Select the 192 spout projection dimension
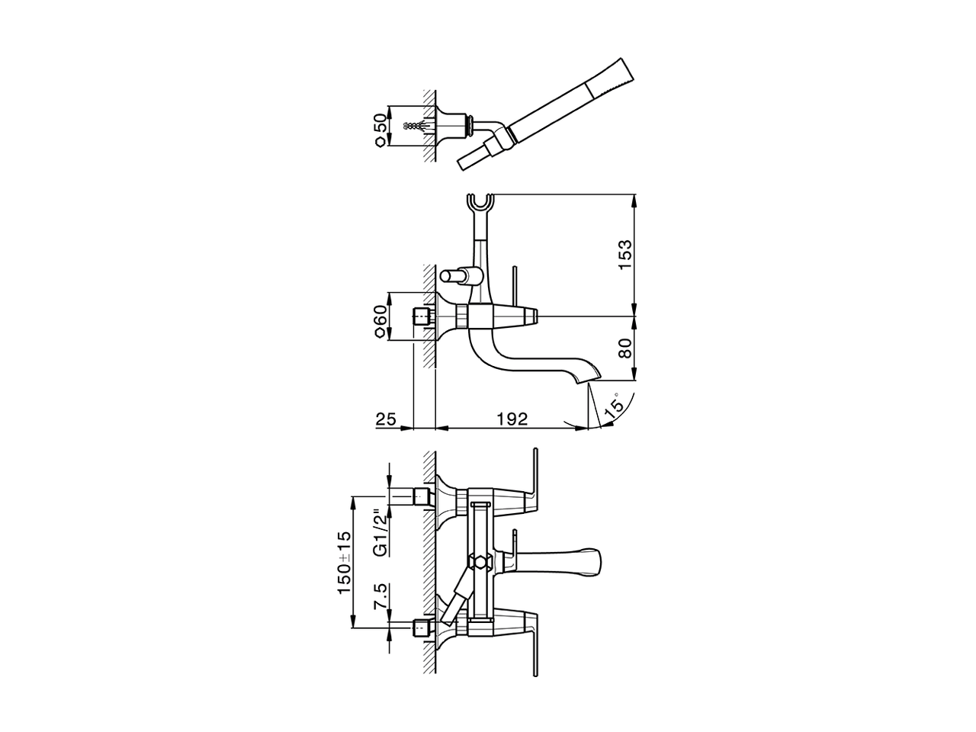point(512,419)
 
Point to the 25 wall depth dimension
point(387,419)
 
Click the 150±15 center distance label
point(344,563)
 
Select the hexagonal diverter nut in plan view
point(480,563)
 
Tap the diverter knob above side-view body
point(456,275)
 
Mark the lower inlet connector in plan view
point(420,628)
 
